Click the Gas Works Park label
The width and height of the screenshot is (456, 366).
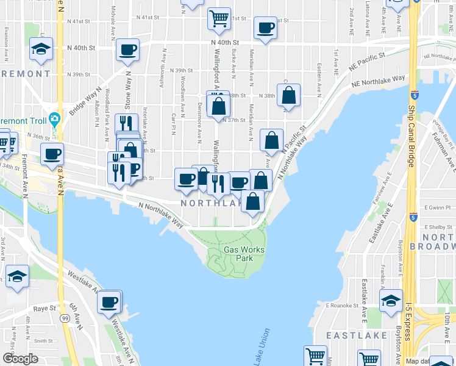(x=238, y=253)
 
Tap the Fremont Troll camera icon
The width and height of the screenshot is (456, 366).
(x=54, y=118)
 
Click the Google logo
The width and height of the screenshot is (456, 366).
(x=20, y=359)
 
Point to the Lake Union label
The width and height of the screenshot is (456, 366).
(x=262, y=347)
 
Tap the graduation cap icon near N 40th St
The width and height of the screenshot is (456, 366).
(x=41, y=49)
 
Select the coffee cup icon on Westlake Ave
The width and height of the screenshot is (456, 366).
(x=110, y=301)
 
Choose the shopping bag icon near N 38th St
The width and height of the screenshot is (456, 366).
(x=290, y=96)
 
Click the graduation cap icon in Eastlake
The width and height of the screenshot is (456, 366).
(x=390, y=300)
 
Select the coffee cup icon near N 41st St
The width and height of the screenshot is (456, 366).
(x=265, y=28)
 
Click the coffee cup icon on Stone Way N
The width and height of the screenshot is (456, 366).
(x=128, y=49)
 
